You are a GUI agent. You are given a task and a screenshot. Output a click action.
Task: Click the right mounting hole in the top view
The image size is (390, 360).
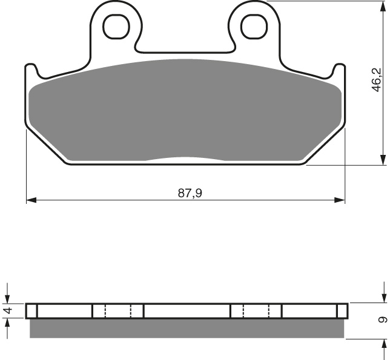(x=253, y=25)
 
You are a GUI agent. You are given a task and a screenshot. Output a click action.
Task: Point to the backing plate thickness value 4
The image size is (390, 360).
(x=7, y=312)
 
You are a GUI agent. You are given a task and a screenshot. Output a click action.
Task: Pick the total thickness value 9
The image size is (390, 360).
(x=380, y=320)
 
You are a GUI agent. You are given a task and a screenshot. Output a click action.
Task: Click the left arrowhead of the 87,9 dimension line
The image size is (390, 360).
(x=31, y=199)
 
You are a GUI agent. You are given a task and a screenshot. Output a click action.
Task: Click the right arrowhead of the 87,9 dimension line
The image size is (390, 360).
(x=340, y=199)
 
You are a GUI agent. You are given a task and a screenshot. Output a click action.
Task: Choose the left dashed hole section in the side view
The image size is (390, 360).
(x=118, y=311)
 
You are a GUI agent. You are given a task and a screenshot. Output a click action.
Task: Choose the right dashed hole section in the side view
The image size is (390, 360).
(x=256, y=311)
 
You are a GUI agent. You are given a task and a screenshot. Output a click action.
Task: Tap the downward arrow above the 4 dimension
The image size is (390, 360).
(x=7, y=298)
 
